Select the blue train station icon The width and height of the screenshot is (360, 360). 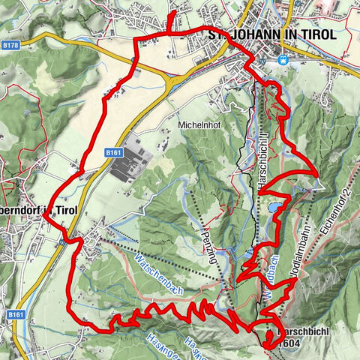[x=282, y=60]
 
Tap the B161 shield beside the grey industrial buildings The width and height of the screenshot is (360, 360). [x=113, y=152]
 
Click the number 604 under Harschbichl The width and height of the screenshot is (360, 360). [x=290, y=343]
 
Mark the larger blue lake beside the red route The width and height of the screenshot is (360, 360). [x=274, y=205]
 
